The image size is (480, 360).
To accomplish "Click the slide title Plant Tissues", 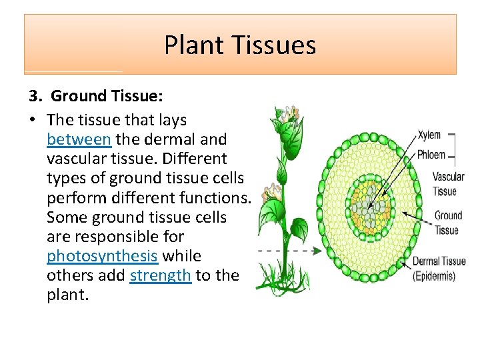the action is click(240, 45).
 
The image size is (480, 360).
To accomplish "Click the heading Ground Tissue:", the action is click(107, 96).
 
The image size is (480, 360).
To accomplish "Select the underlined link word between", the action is click(79, 139).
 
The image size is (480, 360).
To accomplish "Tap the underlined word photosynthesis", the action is click(103, 256).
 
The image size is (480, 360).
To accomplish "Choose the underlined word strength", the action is click(161, 275).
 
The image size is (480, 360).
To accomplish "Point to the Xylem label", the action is click(429, 135).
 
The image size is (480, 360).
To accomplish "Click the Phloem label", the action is click(431, 155).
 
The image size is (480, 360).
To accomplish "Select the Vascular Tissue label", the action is click(448, 184).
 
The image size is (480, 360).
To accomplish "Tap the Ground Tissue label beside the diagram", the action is click(448, 223).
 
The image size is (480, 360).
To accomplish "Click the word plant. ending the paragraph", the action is click(67, 295).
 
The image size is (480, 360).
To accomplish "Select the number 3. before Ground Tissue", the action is click(35, 96).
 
